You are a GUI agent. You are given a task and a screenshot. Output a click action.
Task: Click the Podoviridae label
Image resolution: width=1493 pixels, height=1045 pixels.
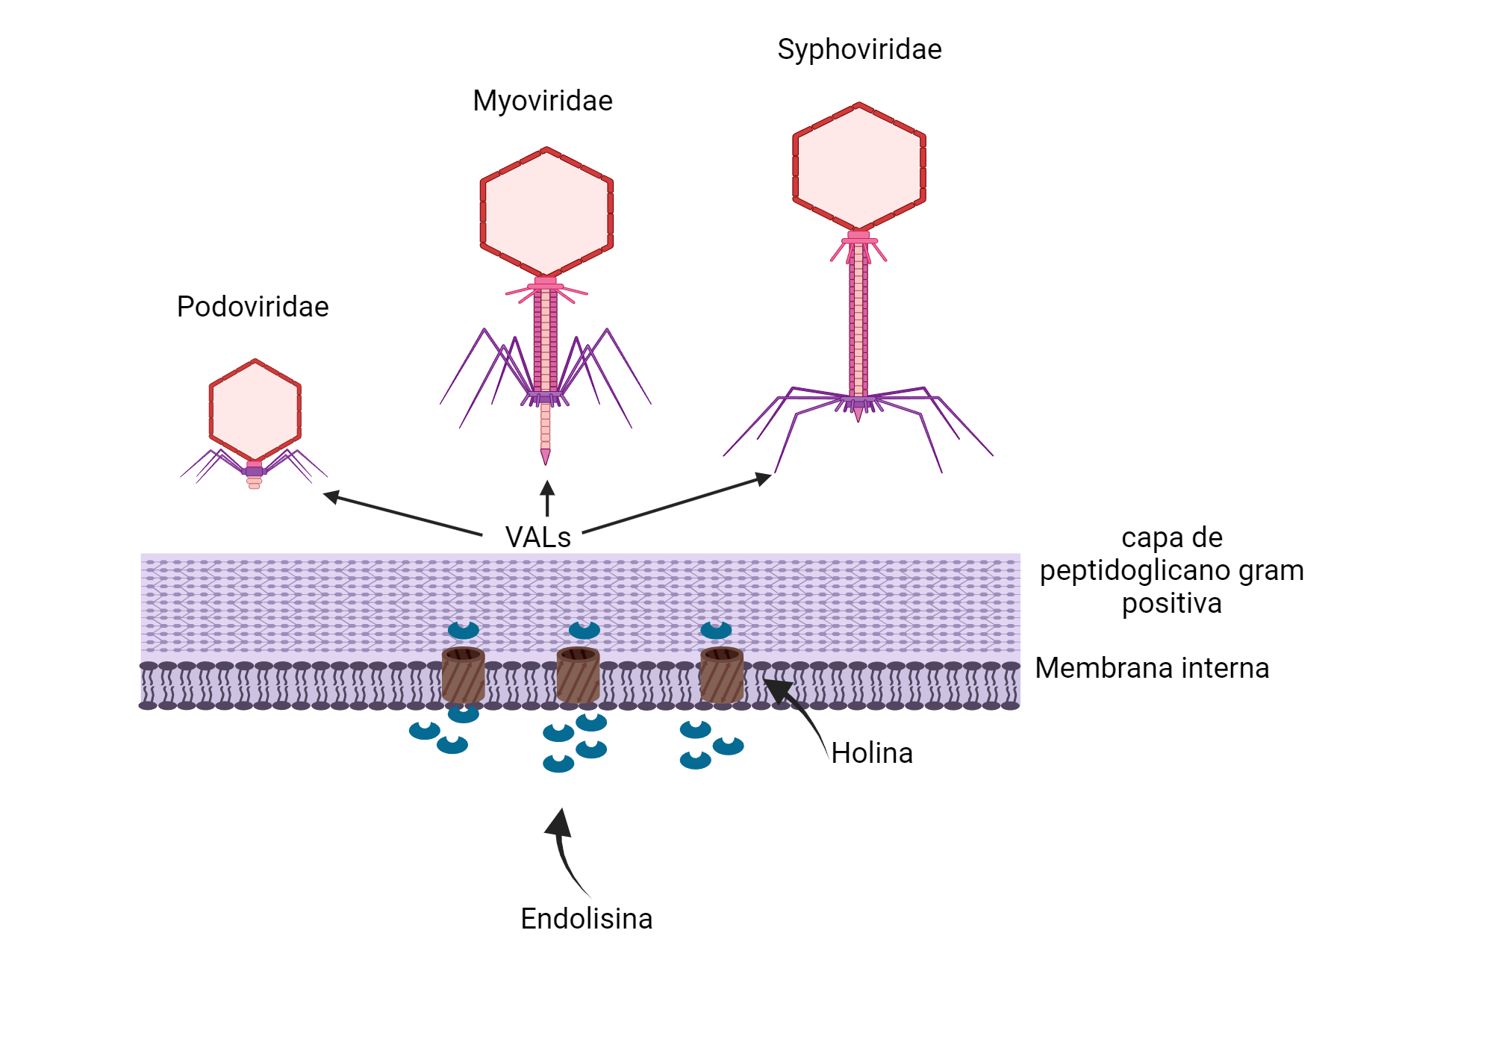click(252, 307)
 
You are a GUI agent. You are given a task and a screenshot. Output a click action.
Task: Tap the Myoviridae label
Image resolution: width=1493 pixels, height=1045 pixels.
click(543, 101)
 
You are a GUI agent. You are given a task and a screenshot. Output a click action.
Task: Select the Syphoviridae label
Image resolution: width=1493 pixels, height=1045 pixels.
click(859, 49)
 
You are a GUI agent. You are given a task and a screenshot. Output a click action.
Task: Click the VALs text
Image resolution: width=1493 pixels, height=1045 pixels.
click(537, 537)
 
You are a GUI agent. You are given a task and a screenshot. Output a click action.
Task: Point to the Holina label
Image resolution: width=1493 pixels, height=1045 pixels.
click(872, 753)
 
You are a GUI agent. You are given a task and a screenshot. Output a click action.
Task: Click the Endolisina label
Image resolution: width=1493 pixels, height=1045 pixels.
click(586, 919)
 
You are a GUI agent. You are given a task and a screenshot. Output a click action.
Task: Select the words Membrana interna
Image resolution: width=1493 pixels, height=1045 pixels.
click(1152, 668)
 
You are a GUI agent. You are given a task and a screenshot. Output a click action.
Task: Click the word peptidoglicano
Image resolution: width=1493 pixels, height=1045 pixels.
click(1135, 570)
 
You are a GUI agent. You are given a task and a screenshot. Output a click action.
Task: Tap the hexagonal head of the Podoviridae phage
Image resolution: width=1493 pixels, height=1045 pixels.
click(255, 410)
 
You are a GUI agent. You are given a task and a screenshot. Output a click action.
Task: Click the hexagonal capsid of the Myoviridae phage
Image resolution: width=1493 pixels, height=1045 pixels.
click(546, 213)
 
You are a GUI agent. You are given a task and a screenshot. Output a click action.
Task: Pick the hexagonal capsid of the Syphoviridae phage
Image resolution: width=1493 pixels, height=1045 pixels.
click(859, 166)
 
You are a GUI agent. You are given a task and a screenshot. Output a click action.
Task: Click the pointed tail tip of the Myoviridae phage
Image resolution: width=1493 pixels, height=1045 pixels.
click(546, 457)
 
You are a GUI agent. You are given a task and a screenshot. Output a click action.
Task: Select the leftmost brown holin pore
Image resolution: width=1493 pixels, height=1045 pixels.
click(463, 676)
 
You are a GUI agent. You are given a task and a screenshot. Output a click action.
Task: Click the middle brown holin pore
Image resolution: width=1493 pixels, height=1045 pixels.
click(579, 676)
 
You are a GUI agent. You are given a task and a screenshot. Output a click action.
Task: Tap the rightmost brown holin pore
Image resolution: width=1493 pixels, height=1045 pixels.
click(722, 676)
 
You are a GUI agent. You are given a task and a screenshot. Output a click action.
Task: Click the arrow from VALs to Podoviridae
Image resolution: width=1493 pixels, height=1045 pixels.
click(403, 514)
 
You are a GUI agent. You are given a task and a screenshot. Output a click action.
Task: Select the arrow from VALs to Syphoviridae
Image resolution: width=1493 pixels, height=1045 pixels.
click(676, 504)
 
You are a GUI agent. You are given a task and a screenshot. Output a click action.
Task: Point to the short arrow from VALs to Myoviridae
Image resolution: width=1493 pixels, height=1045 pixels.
click(547, 499)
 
